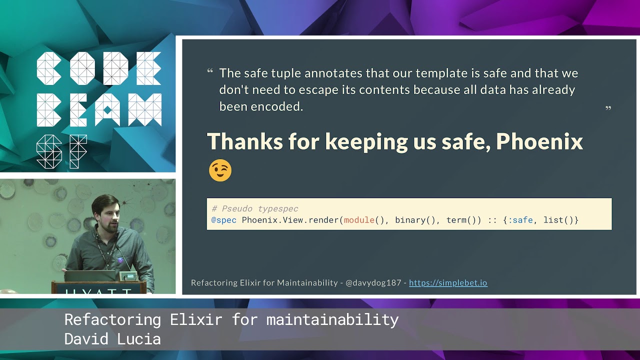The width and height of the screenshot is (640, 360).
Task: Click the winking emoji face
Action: tap(220, 170)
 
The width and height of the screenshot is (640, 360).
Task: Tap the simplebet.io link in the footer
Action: tap(448, 282)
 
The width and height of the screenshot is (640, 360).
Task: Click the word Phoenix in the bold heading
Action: tap(539, 141)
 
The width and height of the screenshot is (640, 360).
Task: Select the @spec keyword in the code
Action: tap(223, 220)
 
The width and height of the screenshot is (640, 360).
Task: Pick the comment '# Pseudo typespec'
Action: tap(255, 208)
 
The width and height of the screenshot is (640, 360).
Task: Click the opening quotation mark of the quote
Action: tap(210, 71)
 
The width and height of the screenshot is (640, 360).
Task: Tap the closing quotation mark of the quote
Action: tap(608, 108)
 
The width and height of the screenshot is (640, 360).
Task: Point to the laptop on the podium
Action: tap(90, 275)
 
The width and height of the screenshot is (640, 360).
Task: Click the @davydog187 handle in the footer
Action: tap(373, 282)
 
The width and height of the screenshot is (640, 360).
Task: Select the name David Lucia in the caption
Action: tap(112, 339)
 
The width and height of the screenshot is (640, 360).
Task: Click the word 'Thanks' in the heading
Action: tap(244, 141)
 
